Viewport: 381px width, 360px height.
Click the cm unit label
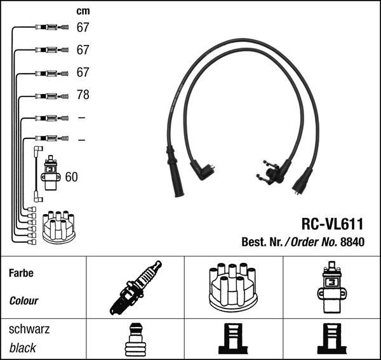tap(83, 11)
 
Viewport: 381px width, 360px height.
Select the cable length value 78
tap(83, 95)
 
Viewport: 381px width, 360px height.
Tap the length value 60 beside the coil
tap(71, 177)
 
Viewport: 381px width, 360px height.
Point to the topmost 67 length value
tap(83, 27)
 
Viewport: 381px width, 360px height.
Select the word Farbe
tap(20, 274)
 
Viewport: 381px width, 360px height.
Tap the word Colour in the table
tap(23, 301)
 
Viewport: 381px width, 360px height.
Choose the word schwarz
tap(29, 330)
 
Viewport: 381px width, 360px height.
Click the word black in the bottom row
tap(22, 348)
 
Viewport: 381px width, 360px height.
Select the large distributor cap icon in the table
tap(231, 287)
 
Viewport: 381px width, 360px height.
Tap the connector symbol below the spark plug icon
tap(135, 339)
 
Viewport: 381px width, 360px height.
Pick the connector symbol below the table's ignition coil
tap(330, 339)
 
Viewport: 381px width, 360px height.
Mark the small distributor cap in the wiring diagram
tap(58, 226)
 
